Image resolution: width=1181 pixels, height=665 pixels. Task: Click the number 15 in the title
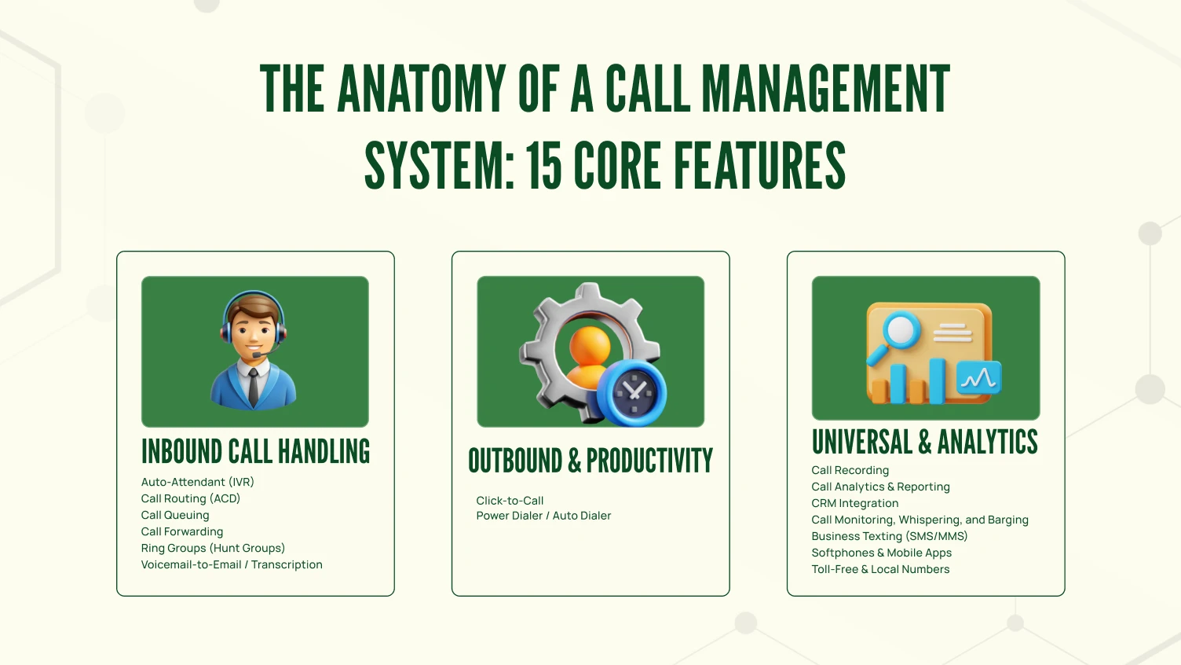click(543, 166)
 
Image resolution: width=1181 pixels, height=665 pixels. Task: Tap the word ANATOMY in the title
click(422, 89)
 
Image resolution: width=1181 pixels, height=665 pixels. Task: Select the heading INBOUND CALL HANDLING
click(255, 452)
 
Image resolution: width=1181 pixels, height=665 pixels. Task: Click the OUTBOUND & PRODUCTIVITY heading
click(590, 461)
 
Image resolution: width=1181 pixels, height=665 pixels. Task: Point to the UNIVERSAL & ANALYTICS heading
click(925, 443)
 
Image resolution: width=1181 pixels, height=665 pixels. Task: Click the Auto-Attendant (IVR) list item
click(198, 482)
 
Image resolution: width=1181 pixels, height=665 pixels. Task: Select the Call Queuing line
click(175, 515)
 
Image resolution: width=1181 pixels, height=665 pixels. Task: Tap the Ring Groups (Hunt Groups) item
click(213, 548)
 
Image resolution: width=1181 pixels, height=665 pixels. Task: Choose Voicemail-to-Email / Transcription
click(232, 564)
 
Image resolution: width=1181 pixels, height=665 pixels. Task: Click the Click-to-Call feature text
click(510, 501)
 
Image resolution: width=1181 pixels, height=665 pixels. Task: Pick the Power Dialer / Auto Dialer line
click(543, 516)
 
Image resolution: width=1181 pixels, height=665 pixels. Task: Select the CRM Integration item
click(855, 503)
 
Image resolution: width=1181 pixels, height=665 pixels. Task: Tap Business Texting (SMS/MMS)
click(890, 536)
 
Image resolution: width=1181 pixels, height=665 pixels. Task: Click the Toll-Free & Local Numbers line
click(880, 569)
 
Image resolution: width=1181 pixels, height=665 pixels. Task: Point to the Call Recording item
click(850, 470)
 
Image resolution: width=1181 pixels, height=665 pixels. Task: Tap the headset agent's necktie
click(254, 386)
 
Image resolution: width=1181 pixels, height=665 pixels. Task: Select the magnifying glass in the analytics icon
click(898, 331)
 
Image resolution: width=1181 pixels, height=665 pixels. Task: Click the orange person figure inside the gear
click(588, 358)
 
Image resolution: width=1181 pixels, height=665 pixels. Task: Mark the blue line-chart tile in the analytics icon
click(979, 379)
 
